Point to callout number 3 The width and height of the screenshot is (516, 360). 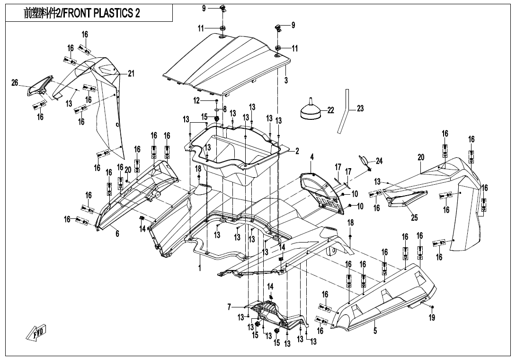[286, 81]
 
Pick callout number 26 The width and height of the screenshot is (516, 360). [15, 83]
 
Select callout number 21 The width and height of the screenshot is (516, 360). [131, 73]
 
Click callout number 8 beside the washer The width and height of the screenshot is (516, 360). [225, 109]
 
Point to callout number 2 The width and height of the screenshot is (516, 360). [297, 151]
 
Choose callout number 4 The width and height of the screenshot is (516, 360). [312, 157]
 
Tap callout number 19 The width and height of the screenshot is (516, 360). [432, 318]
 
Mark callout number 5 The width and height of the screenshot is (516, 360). [375, 331]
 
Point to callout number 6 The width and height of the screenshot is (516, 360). [117, 234]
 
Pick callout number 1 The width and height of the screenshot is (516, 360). [200, 268]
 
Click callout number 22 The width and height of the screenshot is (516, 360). [330, 110]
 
